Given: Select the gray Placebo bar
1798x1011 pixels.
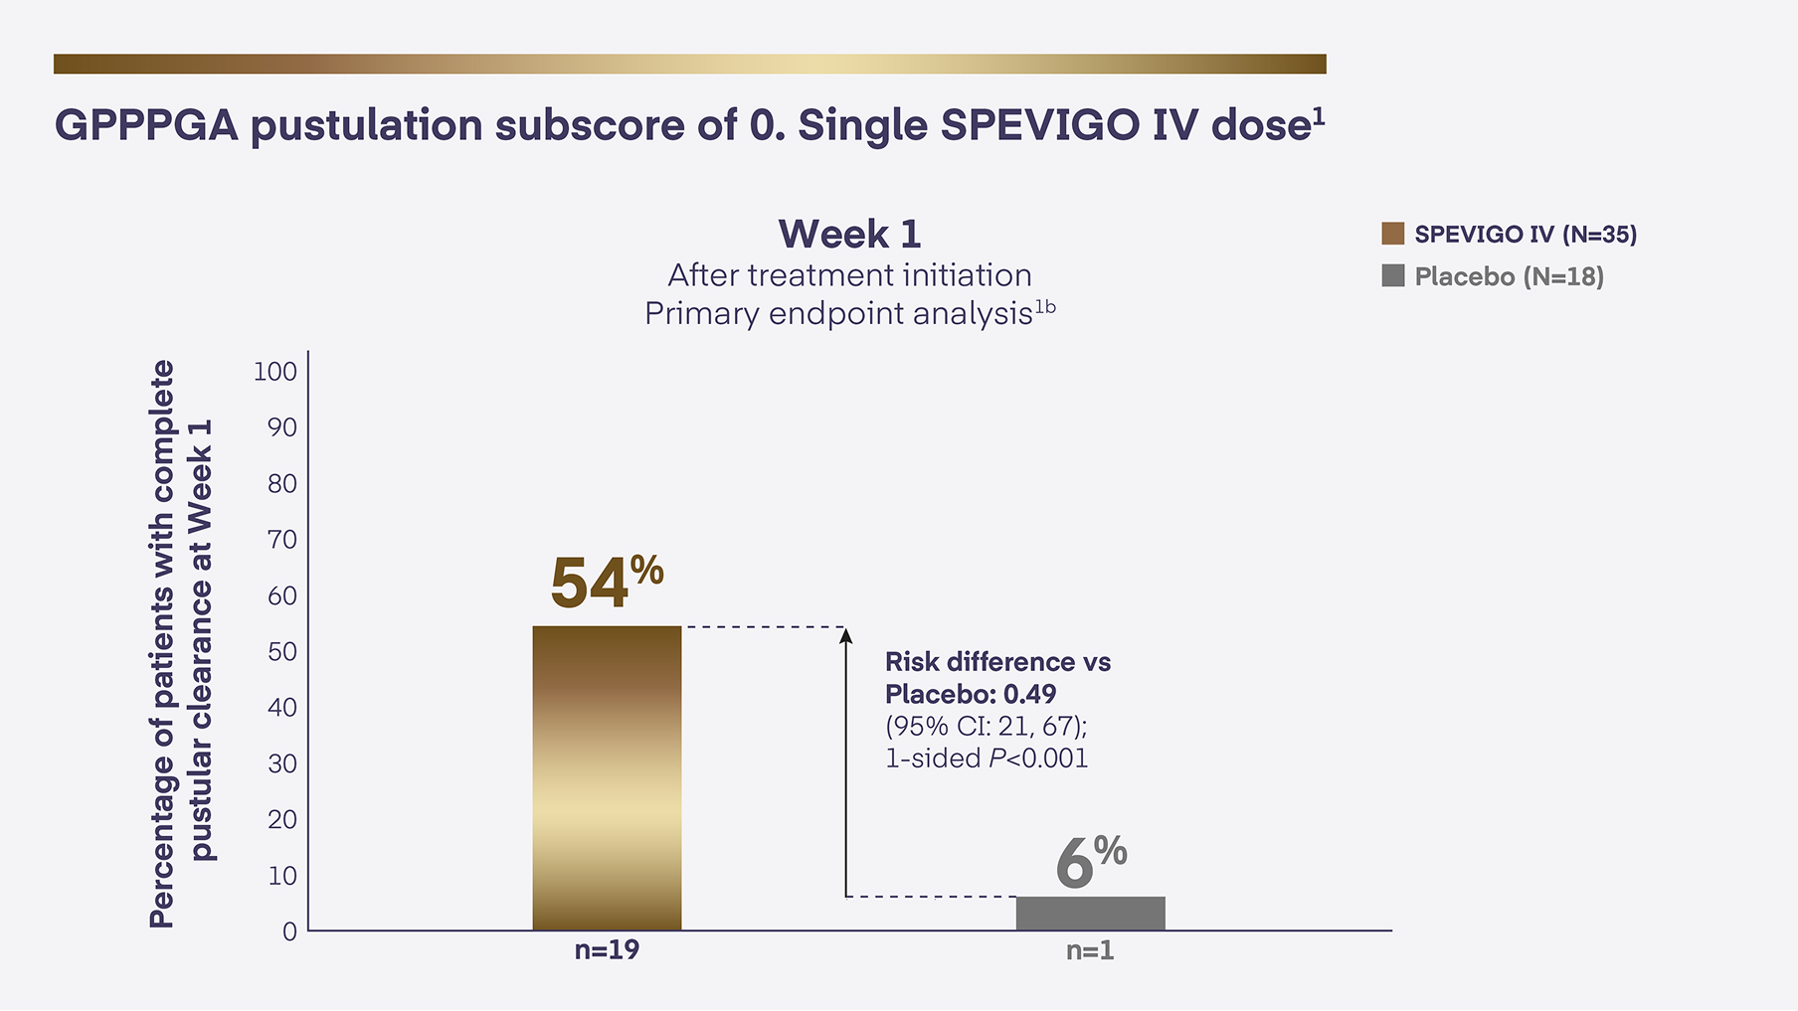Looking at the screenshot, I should (x=1090, y=913).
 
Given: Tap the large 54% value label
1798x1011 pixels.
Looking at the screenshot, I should (x=606, y=582).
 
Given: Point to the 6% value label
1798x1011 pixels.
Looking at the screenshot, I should (x=1090, y=862).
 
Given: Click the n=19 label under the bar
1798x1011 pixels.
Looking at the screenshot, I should (x=607, y=950).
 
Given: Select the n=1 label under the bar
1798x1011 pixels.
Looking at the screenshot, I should (x=1090, y=951).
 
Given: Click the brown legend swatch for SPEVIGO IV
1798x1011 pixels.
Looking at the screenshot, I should (x=1392, y=234).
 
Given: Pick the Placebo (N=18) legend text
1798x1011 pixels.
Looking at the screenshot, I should (x=1509, y=276).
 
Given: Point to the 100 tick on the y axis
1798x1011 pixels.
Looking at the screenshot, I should (x=275, y=372).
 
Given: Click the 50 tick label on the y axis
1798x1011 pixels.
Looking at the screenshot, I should (x=282, y=651).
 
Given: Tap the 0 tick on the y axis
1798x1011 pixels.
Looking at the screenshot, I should (x=289, y=931).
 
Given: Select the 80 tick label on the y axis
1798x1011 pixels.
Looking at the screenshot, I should (x=282, y=483).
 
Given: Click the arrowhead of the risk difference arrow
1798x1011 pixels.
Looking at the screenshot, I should (x=846, y=634).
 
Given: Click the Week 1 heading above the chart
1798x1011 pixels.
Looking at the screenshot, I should (x=849, y=235).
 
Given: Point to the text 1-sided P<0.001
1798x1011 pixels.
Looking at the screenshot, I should (x=987, y=758).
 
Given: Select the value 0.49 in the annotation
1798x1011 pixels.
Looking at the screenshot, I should (x=1029, y=694).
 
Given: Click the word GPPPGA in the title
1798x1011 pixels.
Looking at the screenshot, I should (x=146, y=126).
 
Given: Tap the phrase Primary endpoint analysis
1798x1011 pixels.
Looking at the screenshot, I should (x=838, y=314).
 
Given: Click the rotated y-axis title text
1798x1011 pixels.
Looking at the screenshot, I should (x=181, y=644).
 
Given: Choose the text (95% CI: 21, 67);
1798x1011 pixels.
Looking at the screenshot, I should (x=986, y=726).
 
